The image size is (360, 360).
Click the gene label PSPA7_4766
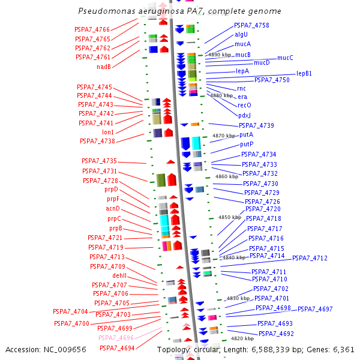tap(92, 29)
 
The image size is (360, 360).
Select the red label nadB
tap(104, 67)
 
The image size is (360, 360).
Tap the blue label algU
tap(241, 35)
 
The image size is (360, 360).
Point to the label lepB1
tap(304, 73)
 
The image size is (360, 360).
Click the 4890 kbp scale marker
tap(219, 55)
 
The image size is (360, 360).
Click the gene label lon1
tap(108, 132)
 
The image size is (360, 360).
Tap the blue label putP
tap(247, 145)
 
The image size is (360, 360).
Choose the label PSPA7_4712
tap(310, 258)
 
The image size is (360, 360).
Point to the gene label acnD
tap(113, 208)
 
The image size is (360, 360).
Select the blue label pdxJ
tap(244, 115)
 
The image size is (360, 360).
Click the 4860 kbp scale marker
tap(226, 177)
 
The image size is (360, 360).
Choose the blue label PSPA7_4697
tap(315, 309)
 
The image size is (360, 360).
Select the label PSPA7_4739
tap(256, 125)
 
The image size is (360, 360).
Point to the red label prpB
tap(116, 228)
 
